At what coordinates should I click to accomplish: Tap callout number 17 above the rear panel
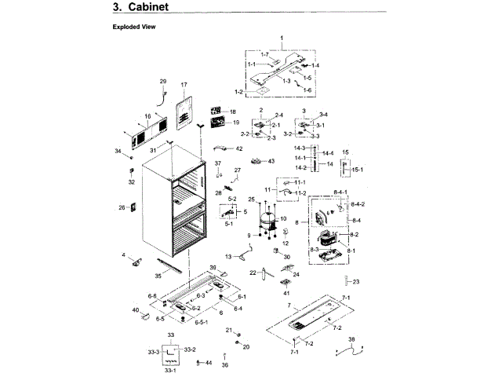[184, 84]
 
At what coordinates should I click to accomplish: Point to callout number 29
[163, 82]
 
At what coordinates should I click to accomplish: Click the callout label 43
[271, 161]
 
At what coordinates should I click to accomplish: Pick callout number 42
[239, 148]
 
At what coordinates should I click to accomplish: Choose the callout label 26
[122, 207]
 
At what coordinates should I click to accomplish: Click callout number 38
[351, 339]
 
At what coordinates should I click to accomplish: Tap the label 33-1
[170, 370]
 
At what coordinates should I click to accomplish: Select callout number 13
[229, 257]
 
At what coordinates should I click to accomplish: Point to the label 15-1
[357, 170]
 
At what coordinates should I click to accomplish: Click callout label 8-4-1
[339, 192]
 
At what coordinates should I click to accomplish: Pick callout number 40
[135, 310]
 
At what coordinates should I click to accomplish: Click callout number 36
[225, 365]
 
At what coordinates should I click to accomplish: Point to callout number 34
[118, 151]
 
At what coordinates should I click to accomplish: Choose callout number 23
[355, 281]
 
